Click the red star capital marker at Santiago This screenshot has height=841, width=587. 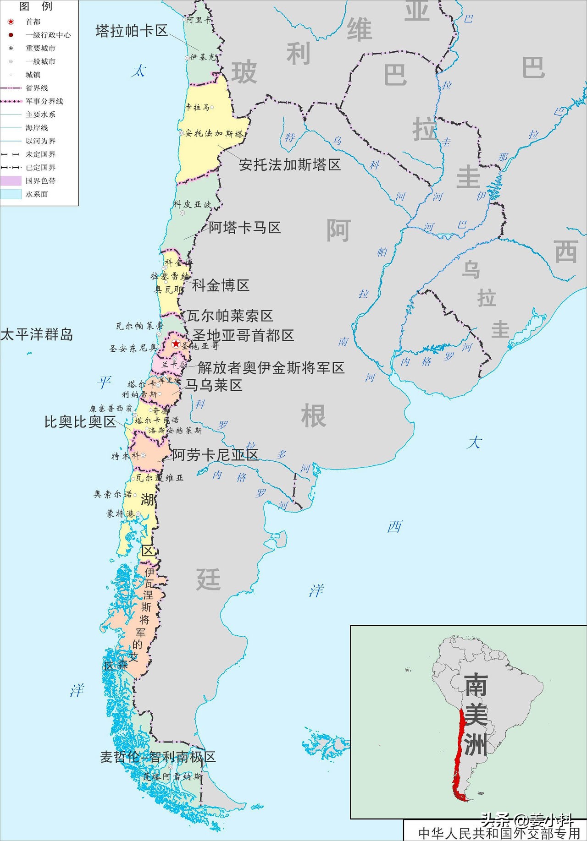pos(176,344)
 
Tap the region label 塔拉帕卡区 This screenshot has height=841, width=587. pos(132,31)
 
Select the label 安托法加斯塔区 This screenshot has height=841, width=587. pos(290,164)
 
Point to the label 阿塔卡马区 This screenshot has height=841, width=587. pos(244,227)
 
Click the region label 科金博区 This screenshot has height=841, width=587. pos(221,285)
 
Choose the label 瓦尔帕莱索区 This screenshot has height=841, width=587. pos(230,316)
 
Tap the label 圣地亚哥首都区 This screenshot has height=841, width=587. pos(243,335)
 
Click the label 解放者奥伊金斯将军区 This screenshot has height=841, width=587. pos(271,367)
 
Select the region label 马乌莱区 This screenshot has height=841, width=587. pos(213,385)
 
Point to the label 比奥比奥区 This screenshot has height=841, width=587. pos(80,422)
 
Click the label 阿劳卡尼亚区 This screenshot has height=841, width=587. pos(215,455)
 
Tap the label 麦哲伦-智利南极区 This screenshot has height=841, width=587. pos(158,757)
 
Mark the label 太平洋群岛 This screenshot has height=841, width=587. pos(37,334)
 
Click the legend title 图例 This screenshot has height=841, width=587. pos(36,6)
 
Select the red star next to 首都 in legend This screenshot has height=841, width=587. pos(11,22)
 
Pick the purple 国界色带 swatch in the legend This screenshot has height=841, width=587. pos(11,181)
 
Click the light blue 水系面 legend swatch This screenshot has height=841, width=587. pos(11,194)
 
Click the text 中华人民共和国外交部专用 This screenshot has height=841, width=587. pos(499,833)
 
